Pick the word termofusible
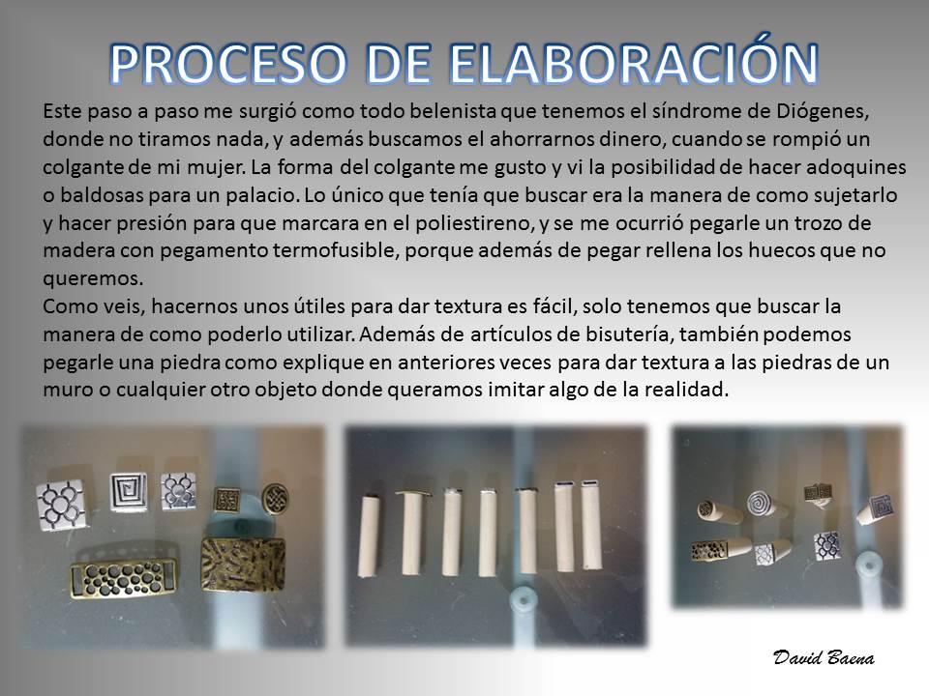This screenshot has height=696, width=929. coord(336,250)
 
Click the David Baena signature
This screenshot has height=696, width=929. coord(824,657)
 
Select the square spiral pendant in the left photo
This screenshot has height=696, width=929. coord(129,491)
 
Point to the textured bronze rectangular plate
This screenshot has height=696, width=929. coord(244,565)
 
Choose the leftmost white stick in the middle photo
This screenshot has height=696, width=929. coord(369,534)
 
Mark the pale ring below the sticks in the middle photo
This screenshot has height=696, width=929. coord(524,603)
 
